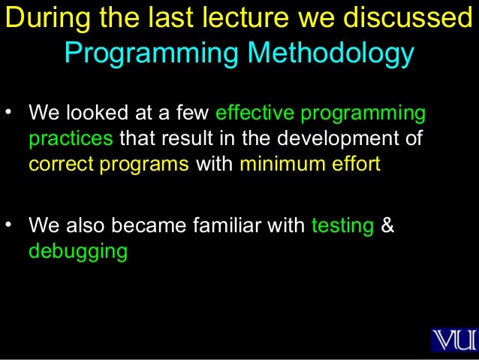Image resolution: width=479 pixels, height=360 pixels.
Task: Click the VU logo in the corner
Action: click(453, 339)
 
